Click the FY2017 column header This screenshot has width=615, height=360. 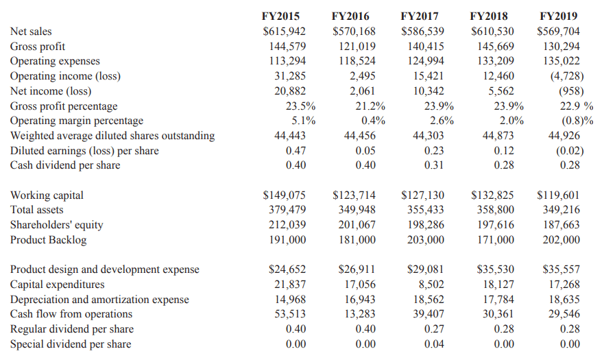[x=420, y=16]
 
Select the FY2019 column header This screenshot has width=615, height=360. [x=559, y=16]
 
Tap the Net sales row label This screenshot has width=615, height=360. [x=31, y=32]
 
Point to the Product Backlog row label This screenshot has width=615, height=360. [x=48, y=239]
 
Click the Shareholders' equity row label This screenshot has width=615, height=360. [x=56, y=225]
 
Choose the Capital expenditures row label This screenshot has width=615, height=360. [x=58, y=285]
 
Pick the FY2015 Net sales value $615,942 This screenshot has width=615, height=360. [x=284, y=32]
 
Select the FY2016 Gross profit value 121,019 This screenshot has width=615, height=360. [x=357, y=46]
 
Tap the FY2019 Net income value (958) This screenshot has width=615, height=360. [x=571, y=91]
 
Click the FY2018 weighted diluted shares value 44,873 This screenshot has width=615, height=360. [x=498, y=136]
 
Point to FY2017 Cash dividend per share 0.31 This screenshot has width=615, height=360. [x=434, y=165]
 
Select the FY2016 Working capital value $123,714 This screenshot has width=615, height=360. [x=354, y=195]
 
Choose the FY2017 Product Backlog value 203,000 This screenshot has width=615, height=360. [x=426, y=239]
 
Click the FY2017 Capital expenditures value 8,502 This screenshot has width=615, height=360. [x=431, y=285]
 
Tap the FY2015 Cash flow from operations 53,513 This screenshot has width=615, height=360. [x=290, y=314]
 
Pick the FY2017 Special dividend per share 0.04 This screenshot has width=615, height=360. [x=434, y=344]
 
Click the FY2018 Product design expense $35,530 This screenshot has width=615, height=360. [x=495, y=269]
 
